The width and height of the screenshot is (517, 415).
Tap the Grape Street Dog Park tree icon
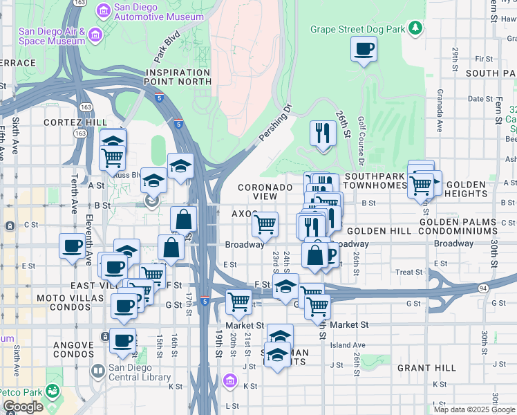(x=415, y=28)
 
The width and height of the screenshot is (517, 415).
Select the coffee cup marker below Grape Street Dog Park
(x=364, y=50)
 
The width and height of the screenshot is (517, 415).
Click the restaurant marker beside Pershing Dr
(x=321, y=133)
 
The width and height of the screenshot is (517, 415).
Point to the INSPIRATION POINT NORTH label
(x=178, y=77)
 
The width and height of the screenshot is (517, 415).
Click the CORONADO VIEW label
(x=265, y=192)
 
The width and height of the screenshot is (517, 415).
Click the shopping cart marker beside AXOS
(x=265, y=224)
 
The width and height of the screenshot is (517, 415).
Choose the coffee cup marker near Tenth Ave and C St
(x=72, y=246)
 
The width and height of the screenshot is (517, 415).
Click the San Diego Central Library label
(x=139, y=373)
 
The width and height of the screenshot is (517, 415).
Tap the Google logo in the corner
(x=23, y=407)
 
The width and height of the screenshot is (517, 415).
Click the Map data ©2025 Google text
(x=475, y=409)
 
